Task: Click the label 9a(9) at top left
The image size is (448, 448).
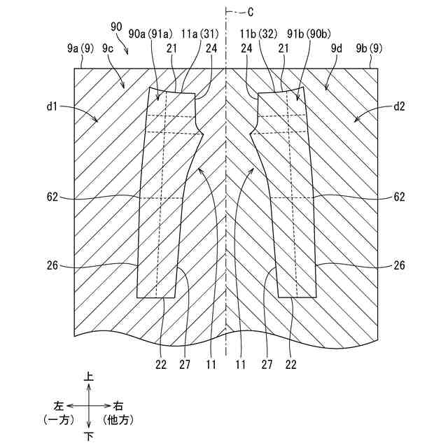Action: click(78, 48)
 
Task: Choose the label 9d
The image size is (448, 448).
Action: click(337, 48)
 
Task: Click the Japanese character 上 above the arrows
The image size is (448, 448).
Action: click(89, 377)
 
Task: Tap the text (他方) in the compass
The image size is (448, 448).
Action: click(118, 420)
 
